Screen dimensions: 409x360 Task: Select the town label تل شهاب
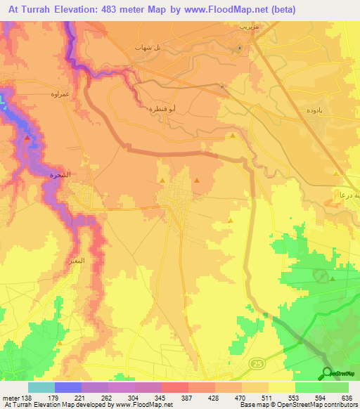(x=148, y=46)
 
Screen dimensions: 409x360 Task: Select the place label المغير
(x=77, y=261)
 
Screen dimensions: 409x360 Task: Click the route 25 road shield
(x=257, y=363)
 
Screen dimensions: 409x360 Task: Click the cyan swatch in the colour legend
(x=41, y=387)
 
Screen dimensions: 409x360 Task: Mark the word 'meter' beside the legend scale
(x=10, y=397)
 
